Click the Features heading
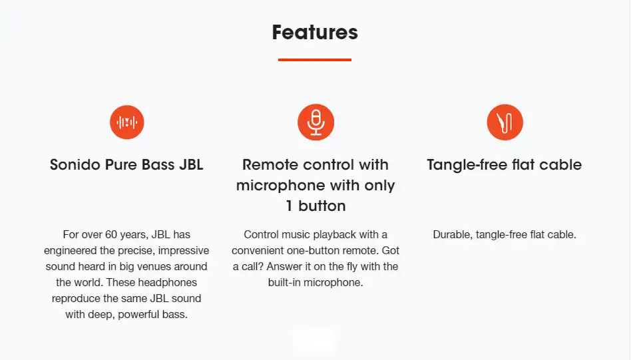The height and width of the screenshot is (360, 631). point(315,32)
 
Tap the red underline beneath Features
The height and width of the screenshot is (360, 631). point(315,60)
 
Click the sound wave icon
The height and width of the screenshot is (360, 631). point(126,122)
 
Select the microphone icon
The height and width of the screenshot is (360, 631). point(316,122)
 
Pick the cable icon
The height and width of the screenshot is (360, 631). point(505,122)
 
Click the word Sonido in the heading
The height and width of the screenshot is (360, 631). point(75,165)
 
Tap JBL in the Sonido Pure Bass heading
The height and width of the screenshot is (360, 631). point(191,165)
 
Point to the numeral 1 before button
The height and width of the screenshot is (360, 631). point(289,206)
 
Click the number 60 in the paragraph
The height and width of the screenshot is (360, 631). point(111,234)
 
